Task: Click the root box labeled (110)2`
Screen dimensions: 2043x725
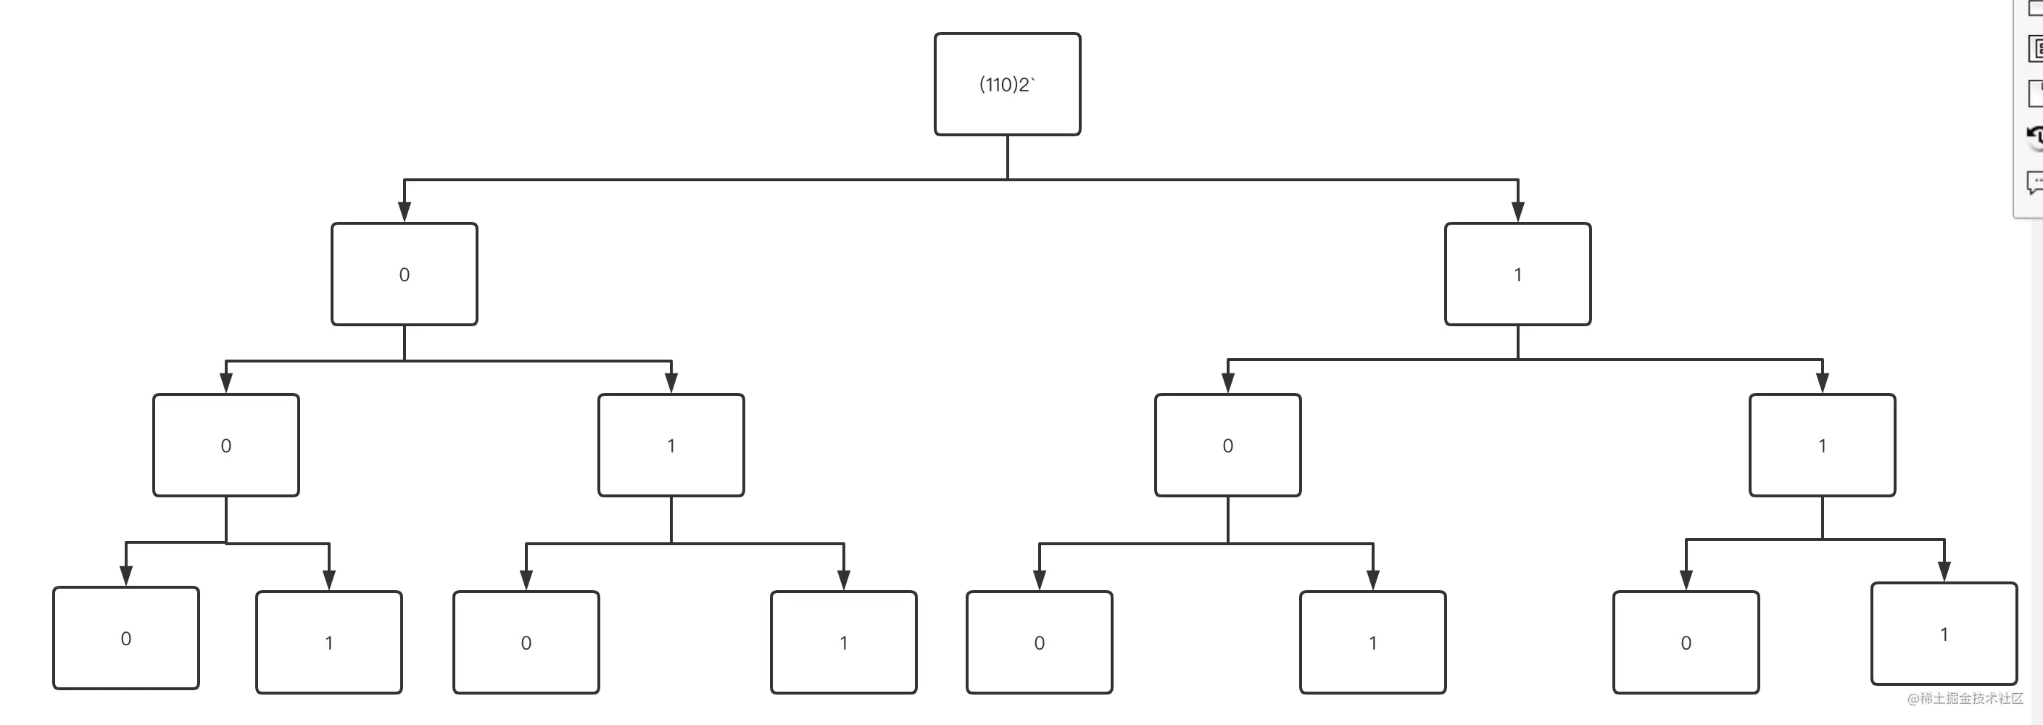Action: click(1007, 84)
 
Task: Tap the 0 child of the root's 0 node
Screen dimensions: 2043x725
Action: click(226, 445)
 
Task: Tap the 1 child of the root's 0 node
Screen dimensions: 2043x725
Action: click(671, 445)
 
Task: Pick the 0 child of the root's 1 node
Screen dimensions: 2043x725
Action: click(1227, 445)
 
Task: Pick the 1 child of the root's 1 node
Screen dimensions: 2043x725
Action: click(1823, 445)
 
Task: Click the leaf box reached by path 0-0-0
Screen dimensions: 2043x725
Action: click(126, 638)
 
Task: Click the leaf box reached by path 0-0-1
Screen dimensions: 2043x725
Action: click(329, 642)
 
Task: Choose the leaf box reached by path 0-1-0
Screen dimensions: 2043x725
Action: click(526, 642)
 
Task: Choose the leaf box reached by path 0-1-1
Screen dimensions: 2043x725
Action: click(844, 642)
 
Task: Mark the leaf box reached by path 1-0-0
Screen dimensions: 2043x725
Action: click(1040, 642)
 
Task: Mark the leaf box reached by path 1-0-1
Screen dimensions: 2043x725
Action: click(1373, 642)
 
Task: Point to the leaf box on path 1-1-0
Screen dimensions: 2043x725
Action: click(1686, 642)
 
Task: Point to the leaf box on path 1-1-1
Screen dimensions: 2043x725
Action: click(1944, 634)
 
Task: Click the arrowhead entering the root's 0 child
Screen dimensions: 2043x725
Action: click(405, 212)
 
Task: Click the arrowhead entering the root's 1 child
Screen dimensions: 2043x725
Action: click(1518, 212)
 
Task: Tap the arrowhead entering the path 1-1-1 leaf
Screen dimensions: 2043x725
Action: click(1944, 571)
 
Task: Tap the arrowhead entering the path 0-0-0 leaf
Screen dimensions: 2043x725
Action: click(126, 576)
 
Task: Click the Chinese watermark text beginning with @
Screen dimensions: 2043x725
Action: click(1965, 699)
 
